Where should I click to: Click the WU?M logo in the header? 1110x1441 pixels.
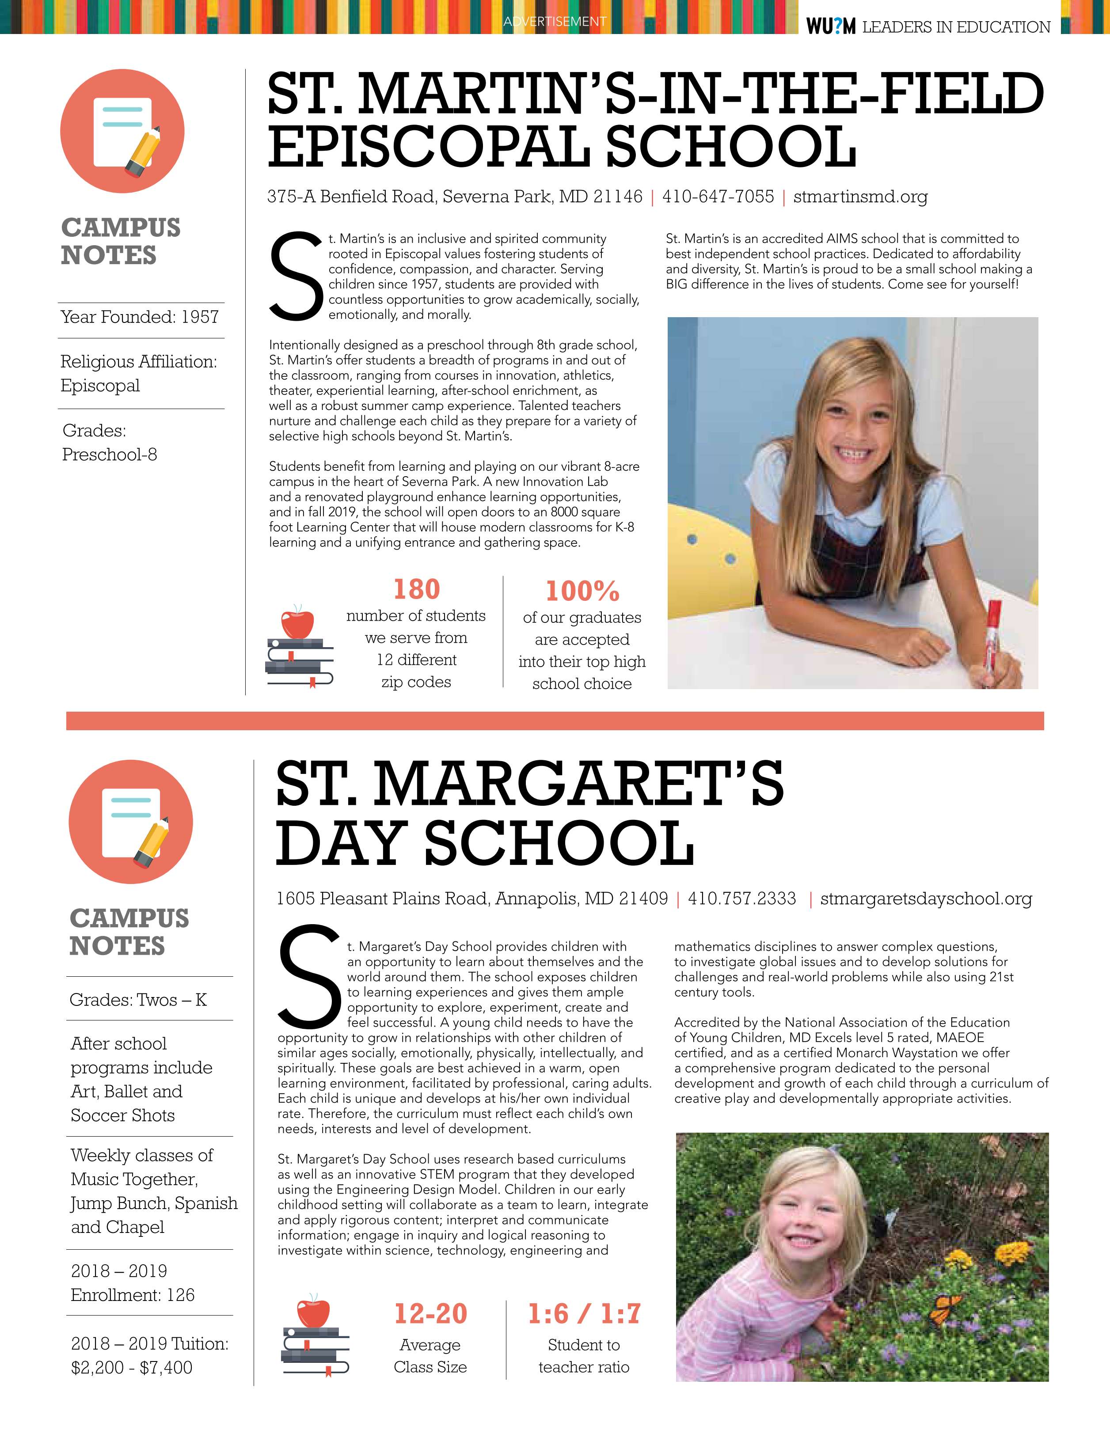(x=830, y=27)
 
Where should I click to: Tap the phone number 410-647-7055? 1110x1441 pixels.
(x=718, y=197)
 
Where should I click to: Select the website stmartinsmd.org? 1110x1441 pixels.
(x=860, y=197)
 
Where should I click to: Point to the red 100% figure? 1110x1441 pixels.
(x=582, y=591)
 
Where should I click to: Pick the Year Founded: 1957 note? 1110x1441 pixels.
(x=139, y=317)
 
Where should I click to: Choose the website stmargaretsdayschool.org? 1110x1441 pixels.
(x=926, y=899)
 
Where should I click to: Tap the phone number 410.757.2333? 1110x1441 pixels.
(x=742, y=899)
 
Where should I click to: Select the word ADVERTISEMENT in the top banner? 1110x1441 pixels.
(x=555, y=22)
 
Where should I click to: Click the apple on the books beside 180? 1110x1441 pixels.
(x=297, y=622)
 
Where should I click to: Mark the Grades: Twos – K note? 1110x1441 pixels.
(x=138, y=1000)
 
